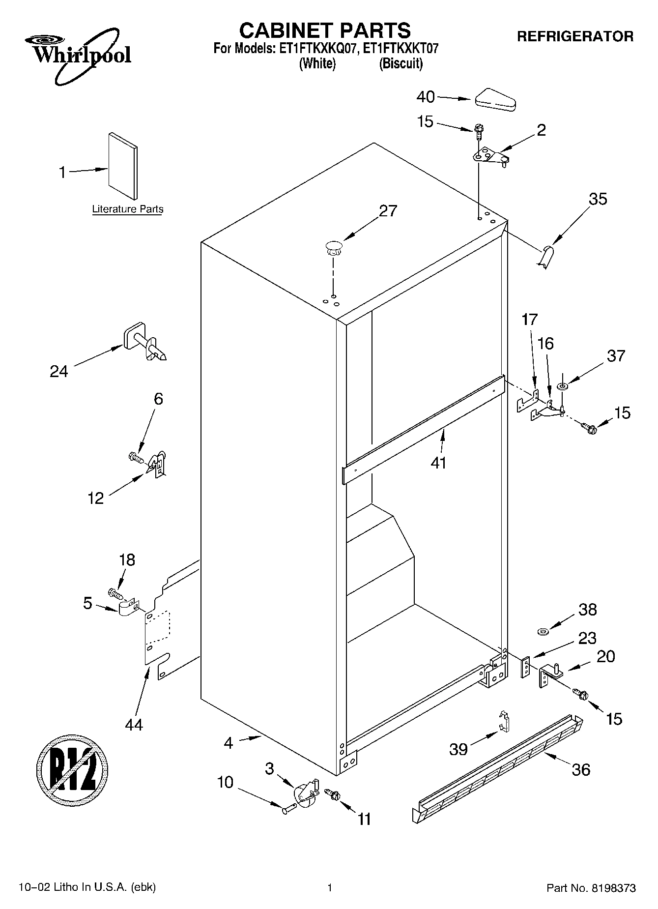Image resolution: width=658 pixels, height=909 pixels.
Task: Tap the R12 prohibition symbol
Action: click(72, 770)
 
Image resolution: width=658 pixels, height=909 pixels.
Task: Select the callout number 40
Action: click(426, 97)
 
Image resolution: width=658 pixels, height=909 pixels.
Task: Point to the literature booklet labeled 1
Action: click(123, 166)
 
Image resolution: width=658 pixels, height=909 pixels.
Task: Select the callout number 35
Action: click(598, 199)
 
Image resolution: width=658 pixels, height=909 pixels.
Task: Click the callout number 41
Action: click(438, 463)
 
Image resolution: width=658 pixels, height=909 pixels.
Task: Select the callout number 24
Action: click(59, 371)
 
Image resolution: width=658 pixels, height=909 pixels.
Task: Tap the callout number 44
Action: click(134, 724)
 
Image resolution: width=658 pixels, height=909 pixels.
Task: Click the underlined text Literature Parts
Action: click(128, 209)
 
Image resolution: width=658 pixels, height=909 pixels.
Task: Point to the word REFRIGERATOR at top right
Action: click(575, 36)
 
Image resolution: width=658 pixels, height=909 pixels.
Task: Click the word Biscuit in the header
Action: click(401, 63)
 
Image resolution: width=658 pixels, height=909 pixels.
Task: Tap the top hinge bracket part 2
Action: click(489, 157)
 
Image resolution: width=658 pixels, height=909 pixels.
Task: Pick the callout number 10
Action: click(225, 782)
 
